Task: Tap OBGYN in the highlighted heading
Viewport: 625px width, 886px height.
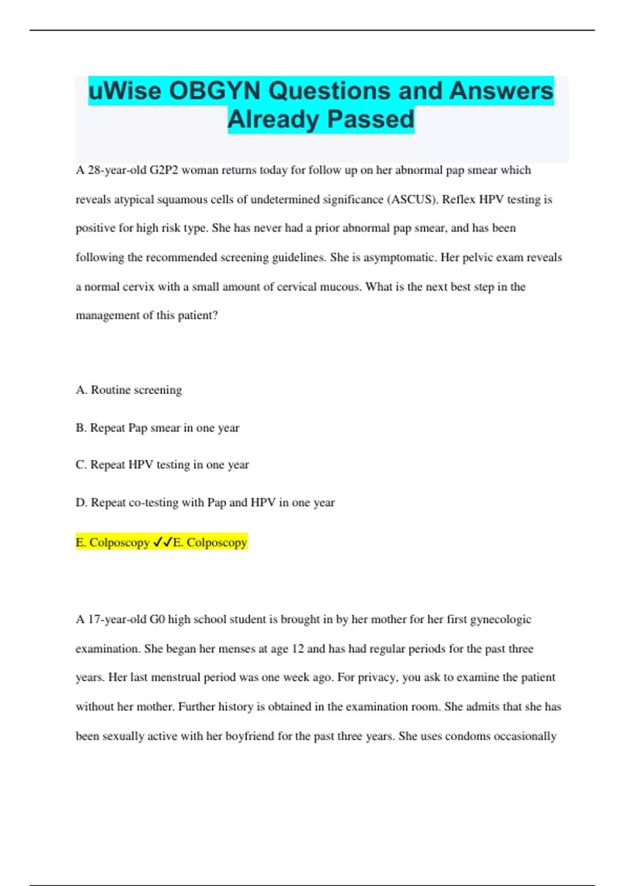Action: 215,91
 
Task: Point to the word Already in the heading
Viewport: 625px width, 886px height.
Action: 273,119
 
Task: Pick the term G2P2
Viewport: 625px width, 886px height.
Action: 164,170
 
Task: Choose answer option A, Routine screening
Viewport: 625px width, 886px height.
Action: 129,390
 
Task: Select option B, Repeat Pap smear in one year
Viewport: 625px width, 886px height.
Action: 157,428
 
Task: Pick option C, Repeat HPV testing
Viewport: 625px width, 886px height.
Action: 162,465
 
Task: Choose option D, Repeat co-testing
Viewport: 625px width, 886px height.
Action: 205,502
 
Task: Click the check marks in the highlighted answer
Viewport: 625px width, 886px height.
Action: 162,543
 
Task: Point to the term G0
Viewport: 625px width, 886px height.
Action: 157,620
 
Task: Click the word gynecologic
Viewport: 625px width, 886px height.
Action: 501,620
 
